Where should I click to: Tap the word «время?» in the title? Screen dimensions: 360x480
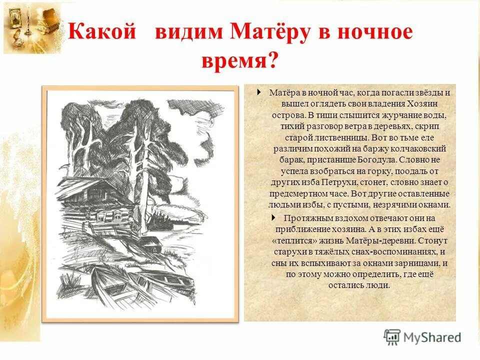coord(239,61)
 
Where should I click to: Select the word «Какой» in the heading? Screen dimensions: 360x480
coord(102,32)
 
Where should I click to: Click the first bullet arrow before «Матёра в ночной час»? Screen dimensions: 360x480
coord(258,92)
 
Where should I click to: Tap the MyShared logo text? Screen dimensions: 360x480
coord(430,337)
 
